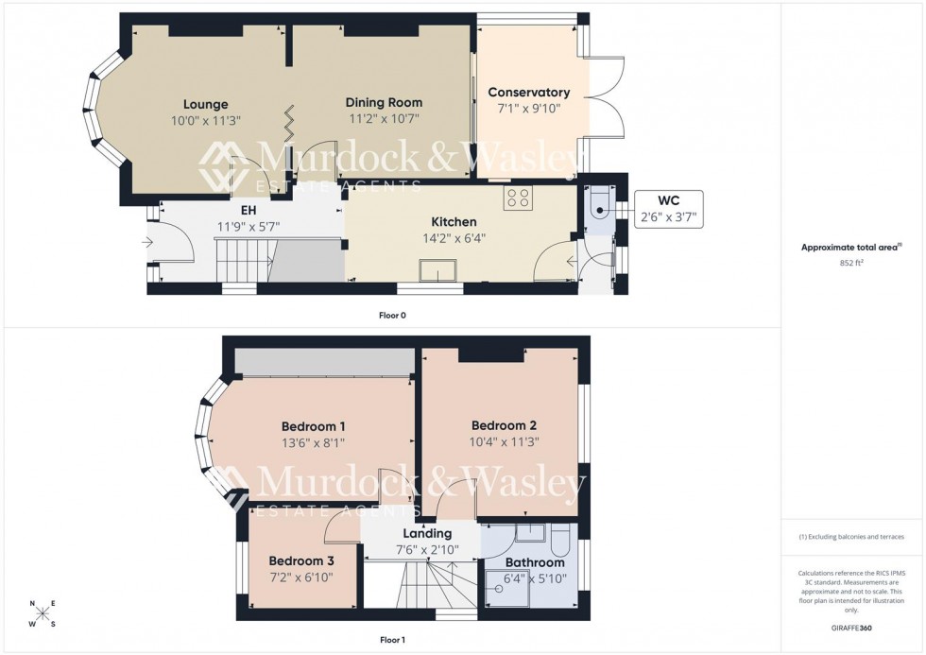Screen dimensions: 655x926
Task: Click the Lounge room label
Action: (x=205, y=104)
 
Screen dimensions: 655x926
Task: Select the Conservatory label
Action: (x=528, y=93)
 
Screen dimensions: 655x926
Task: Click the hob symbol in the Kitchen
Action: (x=518, y=198)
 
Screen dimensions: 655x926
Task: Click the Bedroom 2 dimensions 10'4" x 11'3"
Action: (x=505, y=440)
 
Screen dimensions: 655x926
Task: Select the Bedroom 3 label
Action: (x=300, y=560)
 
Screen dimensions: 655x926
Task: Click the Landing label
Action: (x=427, y=533)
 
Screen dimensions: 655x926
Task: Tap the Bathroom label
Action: (x=534, y=562)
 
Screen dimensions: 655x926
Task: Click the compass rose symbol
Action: (x=43, y=613)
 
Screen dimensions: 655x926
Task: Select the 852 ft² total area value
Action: (x=852, y=264)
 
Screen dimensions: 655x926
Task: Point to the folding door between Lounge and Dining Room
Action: (x=288, y=122)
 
